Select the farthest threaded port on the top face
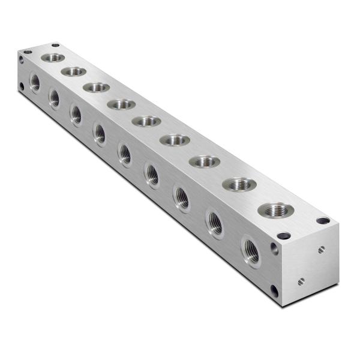tap(53, 58)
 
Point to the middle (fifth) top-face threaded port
tap(146, 121)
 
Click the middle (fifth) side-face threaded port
tap(125, 154)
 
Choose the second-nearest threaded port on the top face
tap(239, 184)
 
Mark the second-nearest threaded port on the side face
tap(215, 223)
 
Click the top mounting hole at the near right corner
tap(323, 221)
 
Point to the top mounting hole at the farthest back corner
tap(56, 45)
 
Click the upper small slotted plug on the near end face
tap(322, 248)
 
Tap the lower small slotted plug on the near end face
tap(301, 280)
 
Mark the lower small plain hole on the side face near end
tap(274, 291)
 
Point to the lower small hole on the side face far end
tap(22, 86)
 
